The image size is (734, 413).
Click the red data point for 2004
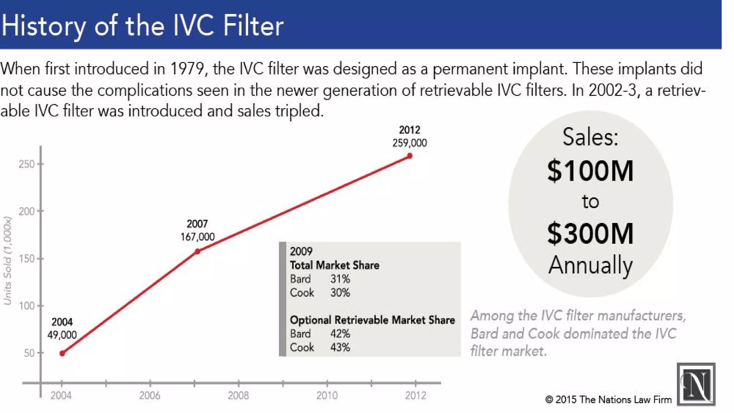point(62,353)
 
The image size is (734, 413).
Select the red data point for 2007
point(197,251)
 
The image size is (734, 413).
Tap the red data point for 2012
point(410,156)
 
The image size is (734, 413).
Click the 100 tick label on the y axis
point(27,306)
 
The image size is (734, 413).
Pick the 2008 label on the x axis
point(238,395)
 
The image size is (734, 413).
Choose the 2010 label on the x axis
point(327,395)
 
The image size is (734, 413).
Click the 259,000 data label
point(409,143)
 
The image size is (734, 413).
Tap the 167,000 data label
point(197,237)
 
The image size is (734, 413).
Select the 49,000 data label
point(62,335)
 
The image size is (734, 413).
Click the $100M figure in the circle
point(590,171)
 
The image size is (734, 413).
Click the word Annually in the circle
point(590,265)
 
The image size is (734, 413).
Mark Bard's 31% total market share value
point(340,279)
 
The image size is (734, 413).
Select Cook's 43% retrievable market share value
point(340,347)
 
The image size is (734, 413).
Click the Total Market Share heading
point(334,265)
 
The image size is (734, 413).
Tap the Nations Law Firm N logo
point(696,384)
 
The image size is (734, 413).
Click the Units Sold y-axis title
point(8,261)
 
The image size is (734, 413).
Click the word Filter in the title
point(253,26)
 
